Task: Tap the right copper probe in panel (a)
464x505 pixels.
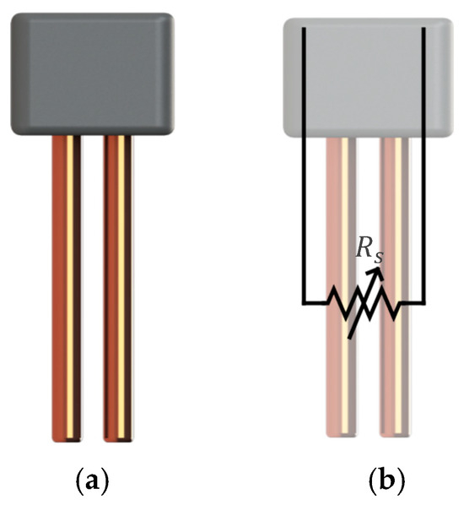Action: click(x=118, y=287)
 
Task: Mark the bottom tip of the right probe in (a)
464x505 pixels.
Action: click(x=118, y=438)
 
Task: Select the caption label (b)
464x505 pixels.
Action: click(x=387, y=482)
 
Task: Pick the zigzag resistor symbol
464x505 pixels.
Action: click(x=364, y=302)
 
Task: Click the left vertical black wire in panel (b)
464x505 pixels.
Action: click(x=304, y=169)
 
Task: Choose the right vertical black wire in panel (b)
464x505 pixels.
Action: click(x=424, y=169)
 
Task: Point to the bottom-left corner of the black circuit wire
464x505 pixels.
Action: click(x=304, y=301)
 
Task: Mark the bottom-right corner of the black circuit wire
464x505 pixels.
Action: click(x=424, y=301)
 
